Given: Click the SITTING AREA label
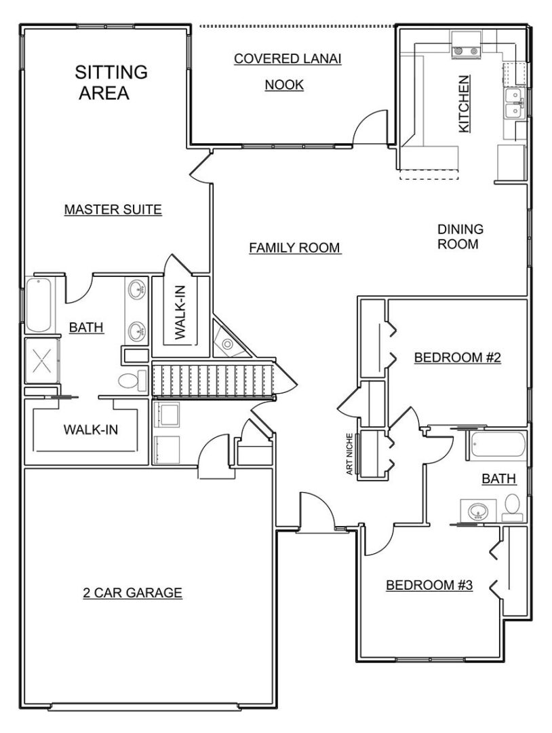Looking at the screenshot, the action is coord(111,82).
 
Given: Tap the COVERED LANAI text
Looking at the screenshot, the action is coord(288,59).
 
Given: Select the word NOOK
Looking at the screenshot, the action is coord(284,85).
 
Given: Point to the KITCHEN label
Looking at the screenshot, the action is coord(464,104).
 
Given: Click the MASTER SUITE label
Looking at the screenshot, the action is coord(113,210).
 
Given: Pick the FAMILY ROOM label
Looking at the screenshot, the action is coord(294,247).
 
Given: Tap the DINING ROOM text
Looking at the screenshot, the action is coord(460,237).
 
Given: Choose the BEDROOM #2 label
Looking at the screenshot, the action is coord(457,358).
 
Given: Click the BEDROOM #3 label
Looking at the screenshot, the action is coord(429,585).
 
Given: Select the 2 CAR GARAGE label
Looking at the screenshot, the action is coord(132,593).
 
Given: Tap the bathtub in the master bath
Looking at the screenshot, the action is coord(39,305).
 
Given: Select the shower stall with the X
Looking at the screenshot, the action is coord(42,360).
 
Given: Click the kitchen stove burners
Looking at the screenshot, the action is coord(467,51).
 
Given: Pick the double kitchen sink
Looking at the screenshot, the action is coord(514,104).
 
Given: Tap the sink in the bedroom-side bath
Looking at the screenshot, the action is coord(478,510).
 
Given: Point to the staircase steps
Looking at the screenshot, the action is coord(212,379).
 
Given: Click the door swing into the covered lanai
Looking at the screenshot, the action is coord(370,126).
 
